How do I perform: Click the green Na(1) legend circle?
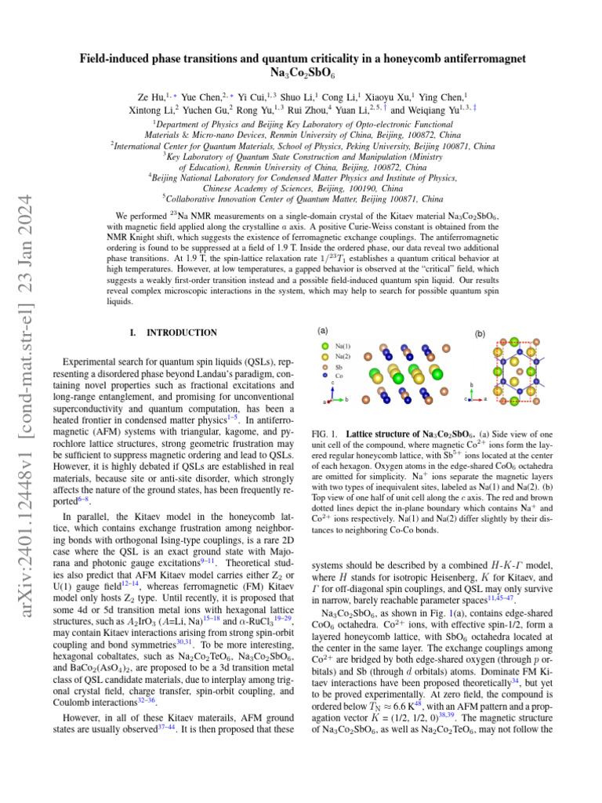pos(325,345)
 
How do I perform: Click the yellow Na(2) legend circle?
pos(325,355)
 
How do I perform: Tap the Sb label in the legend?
pos(339,365)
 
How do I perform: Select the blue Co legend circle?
pos(325,376)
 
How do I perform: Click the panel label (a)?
pos(323,330)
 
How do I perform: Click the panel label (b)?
pos(480,333)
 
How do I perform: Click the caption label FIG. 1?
pos(325,434)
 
